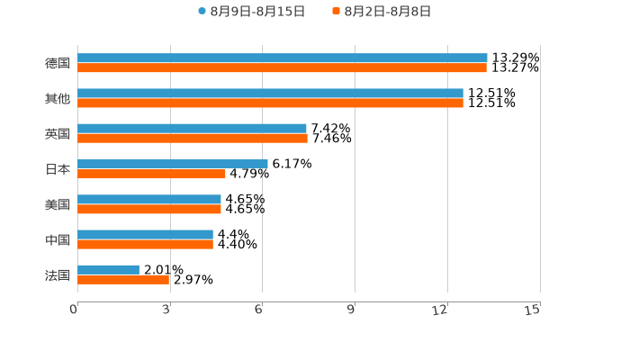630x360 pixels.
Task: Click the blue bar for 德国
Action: point(282,58)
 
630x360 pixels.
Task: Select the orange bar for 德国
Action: point(282,67)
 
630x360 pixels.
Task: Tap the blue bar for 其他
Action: point(270,93)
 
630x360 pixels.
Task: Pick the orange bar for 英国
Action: point(193,138)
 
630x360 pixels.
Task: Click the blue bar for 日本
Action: point(172,164)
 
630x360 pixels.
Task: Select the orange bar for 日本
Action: point(151,174)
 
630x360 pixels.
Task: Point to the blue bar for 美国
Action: point(149,199)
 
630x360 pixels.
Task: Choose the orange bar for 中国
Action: point(145,244)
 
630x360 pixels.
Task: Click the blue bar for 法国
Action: point(108,269)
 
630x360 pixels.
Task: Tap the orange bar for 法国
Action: point(123,279)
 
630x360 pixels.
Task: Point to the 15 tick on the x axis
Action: point(533,310)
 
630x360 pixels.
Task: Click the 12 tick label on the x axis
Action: point(440,310)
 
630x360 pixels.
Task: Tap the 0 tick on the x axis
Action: point(74,310)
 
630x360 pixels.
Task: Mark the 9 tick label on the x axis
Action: point(351,310)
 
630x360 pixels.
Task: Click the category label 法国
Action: point(58,274)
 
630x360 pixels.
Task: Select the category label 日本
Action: point(58,169)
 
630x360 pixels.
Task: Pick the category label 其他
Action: point(58,98)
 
